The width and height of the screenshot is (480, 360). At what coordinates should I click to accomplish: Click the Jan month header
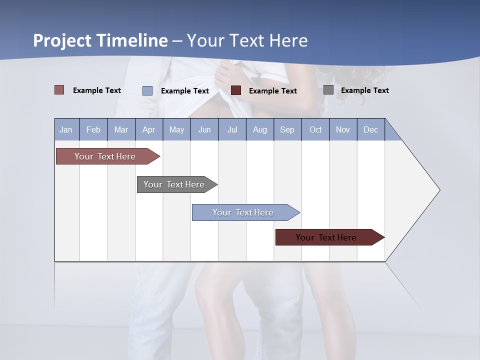(x=66, y=130)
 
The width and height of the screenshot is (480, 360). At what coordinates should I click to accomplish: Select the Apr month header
(x=148, y=130)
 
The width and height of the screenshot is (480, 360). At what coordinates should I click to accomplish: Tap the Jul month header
(x=232, y=130)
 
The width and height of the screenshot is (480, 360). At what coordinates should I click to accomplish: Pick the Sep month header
(x=287, y=130)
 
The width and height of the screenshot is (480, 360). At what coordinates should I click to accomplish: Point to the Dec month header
(x=370, y=130)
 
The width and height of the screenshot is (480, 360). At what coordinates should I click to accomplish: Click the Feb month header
(x=93, y=130)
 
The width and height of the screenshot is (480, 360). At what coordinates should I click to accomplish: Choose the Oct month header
(x=315, y=130)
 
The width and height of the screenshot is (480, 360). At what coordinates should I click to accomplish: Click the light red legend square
(x=59, y=90)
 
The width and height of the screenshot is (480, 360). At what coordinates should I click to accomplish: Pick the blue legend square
(x=147, y=90)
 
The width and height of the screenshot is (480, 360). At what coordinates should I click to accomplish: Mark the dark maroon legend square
(x=236, y=90)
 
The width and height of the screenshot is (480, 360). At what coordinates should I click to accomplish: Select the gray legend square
(x=328, y=90)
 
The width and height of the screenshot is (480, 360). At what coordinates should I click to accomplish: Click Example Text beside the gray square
(x=364, y=90)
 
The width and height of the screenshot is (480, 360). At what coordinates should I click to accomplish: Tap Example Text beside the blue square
(x=184, y=91)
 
